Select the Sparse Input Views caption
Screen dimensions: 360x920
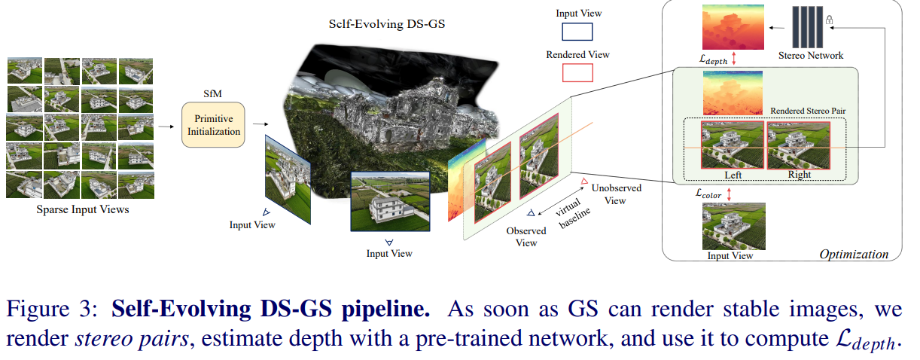coord(83,209)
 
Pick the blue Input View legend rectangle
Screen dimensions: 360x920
coord(577,32)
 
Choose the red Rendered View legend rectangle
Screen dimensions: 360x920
coord(577,72)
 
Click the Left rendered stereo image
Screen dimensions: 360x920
coord(732,145)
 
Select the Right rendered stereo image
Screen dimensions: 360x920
coord(799,145)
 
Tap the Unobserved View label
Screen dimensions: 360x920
coord(609,194)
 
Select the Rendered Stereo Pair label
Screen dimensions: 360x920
coord(807,111)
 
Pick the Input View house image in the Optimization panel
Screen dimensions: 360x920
coord(733,225)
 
